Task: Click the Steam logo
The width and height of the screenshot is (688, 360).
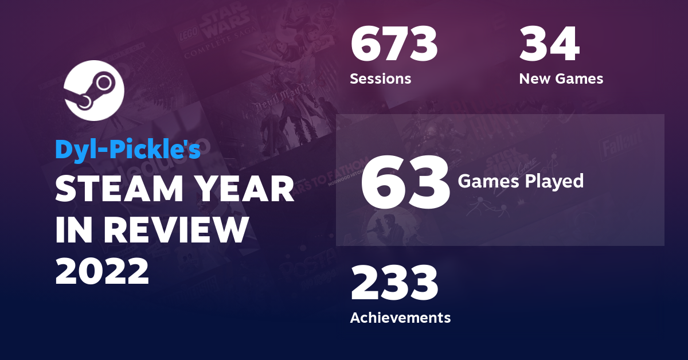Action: click(x=94, y=90)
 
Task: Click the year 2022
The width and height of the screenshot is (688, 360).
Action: click(x=102, y=271)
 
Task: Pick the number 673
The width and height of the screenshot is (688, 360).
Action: click(x=394, y=46)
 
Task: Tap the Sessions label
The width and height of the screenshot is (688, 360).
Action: click(x=380, y=79)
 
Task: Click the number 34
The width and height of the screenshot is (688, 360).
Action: click(x=549, y=46)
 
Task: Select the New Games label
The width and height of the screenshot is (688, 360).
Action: click(x=561, y=79)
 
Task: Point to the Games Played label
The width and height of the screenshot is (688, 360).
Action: click(x=521, y=181)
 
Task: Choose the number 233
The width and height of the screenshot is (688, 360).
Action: click(x=394, y=284)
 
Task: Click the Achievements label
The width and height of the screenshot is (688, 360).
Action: click(x=400, y=317)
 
